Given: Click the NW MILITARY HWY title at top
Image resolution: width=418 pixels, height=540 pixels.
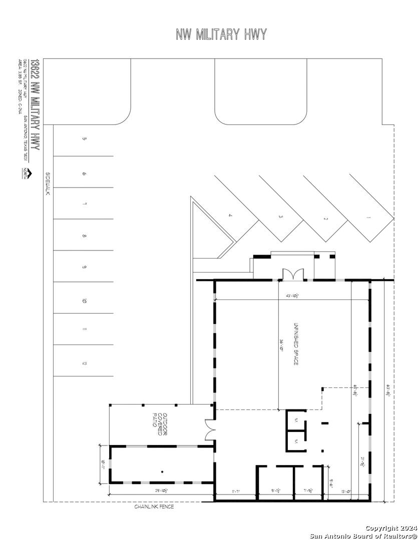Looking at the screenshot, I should [221, 34].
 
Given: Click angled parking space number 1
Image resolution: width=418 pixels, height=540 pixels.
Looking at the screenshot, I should [368, 218].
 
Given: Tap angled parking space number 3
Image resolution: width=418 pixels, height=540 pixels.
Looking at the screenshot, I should [281, 217].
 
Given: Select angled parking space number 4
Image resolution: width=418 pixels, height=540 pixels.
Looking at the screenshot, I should [230, 215].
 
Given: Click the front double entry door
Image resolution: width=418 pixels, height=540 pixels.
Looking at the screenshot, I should [292, 274].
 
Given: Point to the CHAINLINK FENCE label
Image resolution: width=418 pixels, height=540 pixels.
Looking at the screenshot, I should [154, 506].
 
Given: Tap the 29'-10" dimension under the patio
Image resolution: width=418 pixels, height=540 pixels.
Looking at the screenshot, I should [160, 491].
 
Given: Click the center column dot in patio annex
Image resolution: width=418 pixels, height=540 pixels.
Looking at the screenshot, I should [162, 472].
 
